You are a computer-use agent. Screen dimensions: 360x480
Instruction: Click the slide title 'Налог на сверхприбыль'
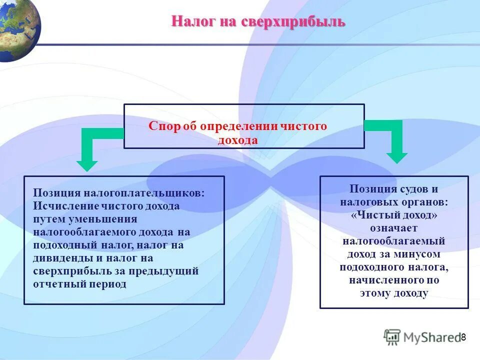coord(258,22)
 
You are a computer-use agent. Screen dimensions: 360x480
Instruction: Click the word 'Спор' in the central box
coord(160,126)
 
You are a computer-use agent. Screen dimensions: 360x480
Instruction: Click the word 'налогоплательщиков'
coord(143,193)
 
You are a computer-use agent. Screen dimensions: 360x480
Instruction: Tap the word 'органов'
coord(423,202)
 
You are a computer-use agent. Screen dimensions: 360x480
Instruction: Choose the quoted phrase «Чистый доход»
coord(394,215)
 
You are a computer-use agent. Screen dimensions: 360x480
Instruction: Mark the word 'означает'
coord(394,228)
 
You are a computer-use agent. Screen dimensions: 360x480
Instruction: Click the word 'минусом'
coord(423,254)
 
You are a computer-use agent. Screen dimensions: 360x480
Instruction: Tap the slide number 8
coord(463,337)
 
